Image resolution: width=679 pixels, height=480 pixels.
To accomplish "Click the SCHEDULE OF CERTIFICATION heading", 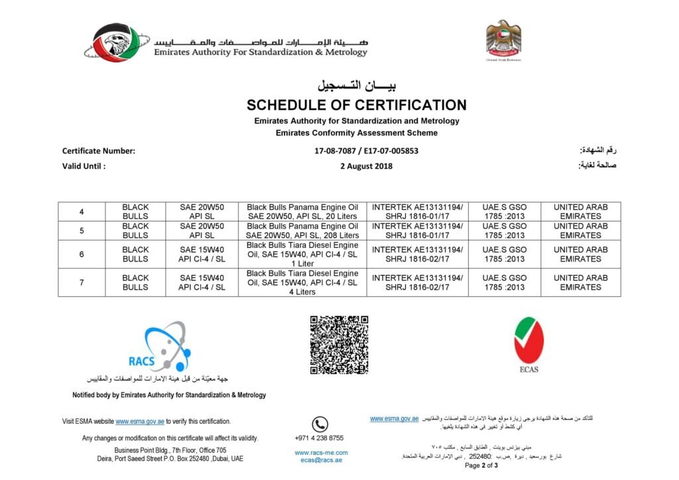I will coord(357,105).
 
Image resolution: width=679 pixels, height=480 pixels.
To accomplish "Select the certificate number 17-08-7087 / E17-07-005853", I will coord(366,151).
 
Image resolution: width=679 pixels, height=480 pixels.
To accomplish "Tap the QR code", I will coord(339,345).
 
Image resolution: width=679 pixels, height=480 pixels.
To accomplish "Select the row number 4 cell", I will coord(82,212).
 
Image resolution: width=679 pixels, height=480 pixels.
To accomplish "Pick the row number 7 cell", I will coord(82,282).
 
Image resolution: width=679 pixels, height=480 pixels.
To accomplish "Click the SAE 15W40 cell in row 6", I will coord(202,255).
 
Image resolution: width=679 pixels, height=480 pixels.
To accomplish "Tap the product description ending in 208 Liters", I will coord(302,231).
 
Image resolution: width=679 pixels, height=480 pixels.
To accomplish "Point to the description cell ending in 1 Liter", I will coord(302,255).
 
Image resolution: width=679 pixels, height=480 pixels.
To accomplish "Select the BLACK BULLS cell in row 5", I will coord(135,231).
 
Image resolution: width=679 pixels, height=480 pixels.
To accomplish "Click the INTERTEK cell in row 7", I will coord(418,282).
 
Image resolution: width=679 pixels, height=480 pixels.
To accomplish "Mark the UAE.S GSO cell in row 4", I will coord(505,212).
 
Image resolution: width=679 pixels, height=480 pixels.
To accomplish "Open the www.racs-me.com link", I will coord(321,453).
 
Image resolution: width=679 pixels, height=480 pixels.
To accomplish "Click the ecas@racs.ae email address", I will coord(321,460).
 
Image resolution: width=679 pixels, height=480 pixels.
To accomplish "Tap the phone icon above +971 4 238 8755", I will coord(320,424).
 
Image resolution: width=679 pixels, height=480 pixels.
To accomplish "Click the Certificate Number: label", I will coord(99,151).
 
